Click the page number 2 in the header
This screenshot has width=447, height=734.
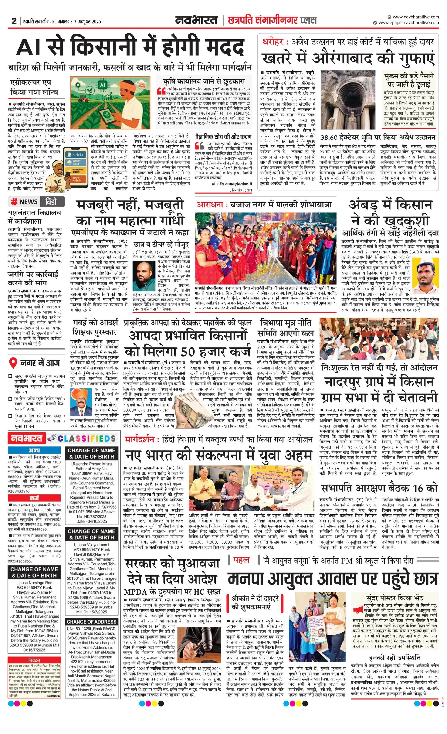pos(14,21)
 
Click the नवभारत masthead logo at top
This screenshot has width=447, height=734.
pos(196,20)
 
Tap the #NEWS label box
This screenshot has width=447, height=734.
pos(24,202)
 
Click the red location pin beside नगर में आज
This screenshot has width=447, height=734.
pos(13,363)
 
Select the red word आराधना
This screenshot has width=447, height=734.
pos(208,205)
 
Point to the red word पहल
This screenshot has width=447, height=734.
pos(241,560)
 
